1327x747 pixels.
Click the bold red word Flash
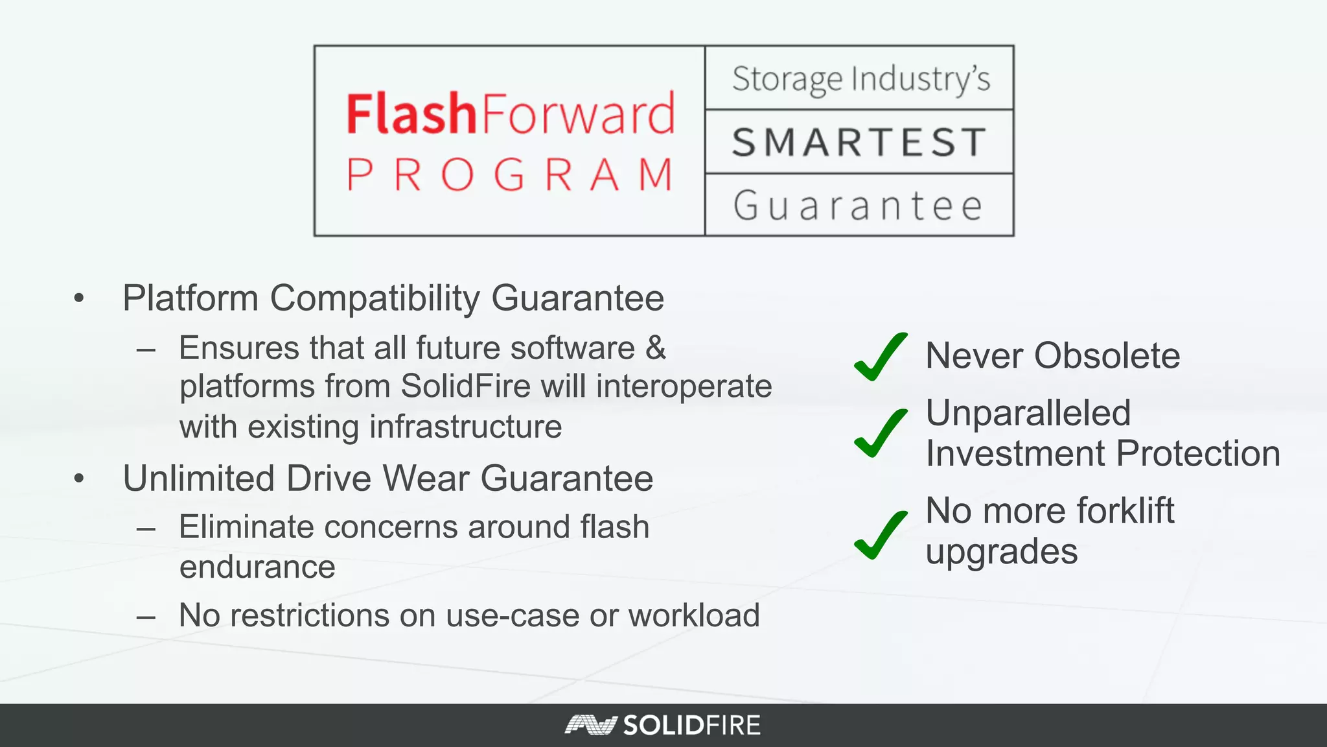pos(411,114)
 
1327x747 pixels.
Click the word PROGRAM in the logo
pos(510,175)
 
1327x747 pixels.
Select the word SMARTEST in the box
pos(859,143)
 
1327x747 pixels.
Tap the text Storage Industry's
pos(860,79)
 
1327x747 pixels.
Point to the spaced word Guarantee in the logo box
pos(859,206)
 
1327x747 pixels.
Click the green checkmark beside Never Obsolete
pos(880,356)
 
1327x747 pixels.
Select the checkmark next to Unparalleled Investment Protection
pos(880,433)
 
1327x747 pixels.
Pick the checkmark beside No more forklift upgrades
pos(880,535)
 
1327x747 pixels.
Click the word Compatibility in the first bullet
pos(375,298)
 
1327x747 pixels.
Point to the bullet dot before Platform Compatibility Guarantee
pos(79,298)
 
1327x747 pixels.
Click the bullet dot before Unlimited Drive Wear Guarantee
pos(79,479)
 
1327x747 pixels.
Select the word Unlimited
pos(199,479)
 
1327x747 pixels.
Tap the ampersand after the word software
pos(656,348)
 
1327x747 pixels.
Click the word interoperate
pos(684,386)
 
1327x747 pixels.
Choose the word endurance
pos(257,567)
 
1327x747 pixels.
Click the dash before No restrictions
pos(146,616)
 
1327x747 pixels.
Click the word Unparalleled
pos(1028,413)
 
